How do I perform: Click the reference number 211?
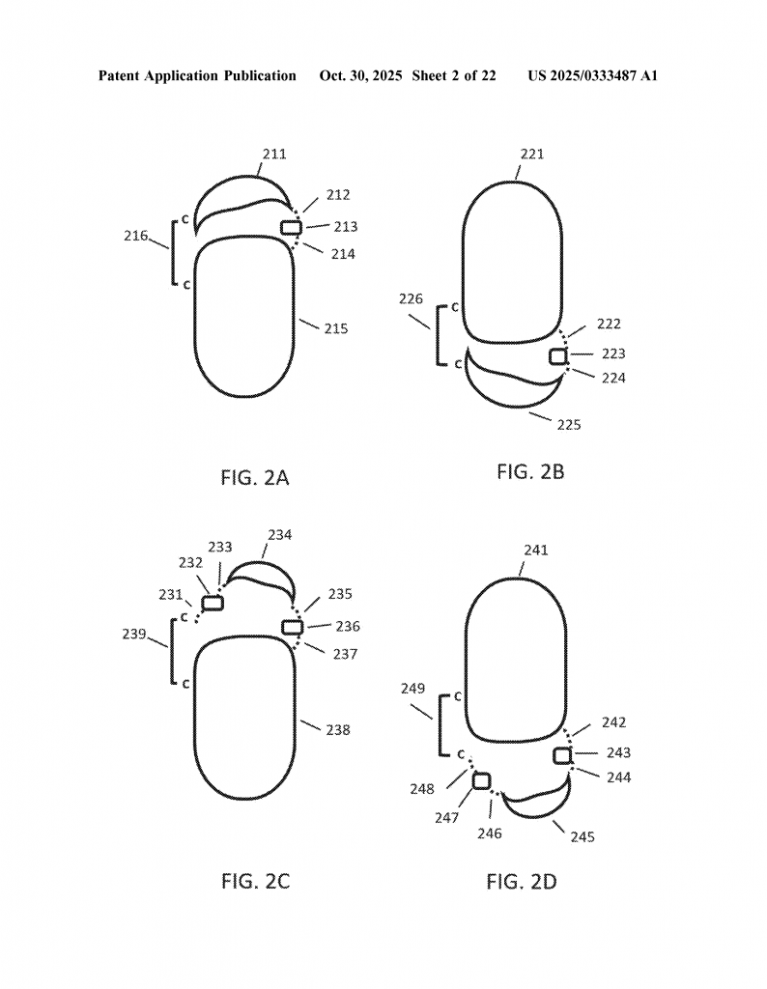[x=274, y=154]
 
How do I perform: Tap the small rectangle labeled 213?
[x=291, y=227]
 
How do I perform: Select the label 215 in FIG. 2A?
[x=336, y=328]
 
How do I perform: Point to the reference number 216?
[x=135, y=236]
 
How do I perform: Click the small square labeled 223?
[x=558, y=356]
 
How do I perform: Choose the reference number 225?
[x=568, y=425]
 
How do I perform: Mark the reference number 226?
[x=411, y=299]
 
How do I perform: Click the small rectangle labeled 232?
[x=213, y=603]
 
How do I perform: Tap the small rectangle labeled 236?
[x=293, y=627]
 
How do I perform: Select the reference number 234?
[x=279, y=535]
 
